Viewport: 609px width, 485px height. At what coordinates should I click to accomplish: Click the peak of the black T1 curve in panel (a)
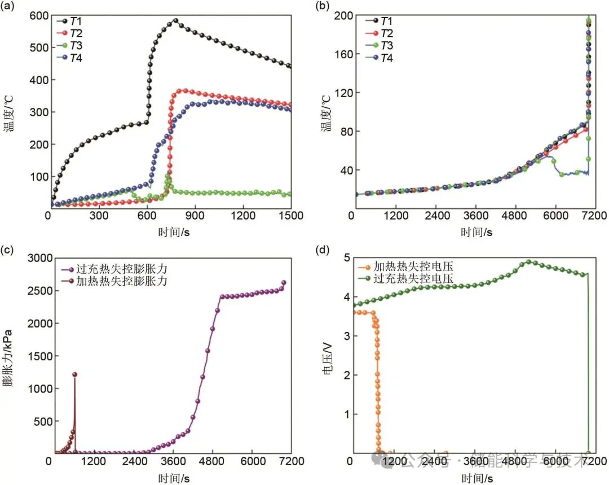point(175,21)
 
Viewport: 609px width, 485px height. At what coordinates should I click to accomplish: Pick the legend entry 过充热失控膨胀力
point(122,268)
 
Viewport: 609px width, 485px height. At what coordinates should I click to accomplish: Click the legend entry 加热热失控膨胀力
point(122,279)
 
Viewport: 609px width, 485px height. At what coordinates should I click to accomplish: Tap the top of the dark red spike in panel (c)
point(74,374)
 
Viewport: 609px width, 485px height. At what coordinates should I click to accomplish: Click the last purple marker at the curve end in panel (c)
point(284,283)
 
